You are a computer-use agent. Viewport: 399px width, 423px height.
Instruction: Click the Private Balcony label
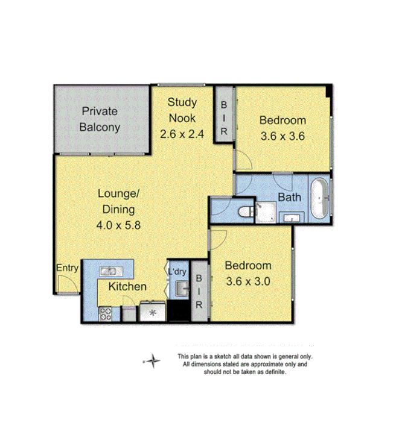[101, 119]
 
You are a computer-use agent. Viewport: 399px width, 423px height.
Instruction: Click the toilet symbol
[244, 212]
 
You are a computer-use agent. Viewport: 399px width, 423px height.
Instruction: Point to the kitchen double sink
[109, 271]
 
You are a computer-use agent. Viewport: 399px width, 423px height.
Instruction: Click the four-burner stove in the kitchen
[106, 313]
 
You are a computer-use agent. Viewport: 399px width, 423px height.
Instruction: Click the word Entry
[67, 268]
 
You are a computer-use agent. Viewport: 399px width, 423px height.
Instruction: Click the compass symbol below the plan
[153, 362]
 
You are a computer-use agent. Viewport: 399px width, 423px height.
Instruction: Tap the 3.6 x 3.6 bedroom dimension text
[282, 136]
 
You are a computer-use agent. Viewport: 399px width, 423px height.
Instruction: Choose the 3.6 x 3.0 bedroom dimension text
[248, 280]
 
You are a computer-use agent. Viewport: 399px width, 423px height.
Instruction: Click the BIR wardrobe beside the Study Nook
[223, 116]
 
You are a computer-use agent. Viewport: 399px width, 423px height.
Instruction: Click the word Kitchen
[127, 287]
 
